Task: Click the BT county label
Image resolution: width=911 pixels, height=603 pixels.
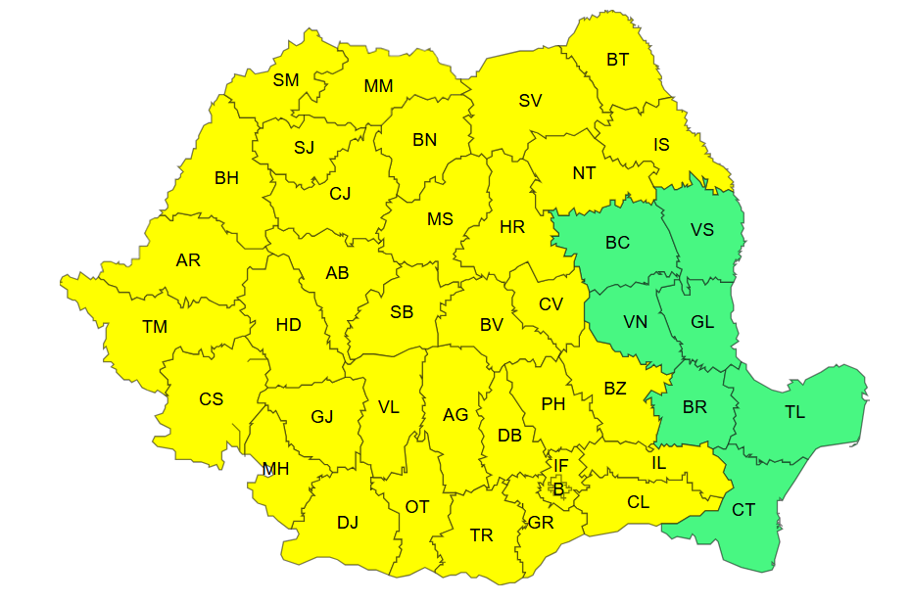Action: click(x=617, y=60)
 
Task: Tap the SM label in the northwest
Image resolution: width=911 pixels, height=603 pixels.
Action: click(x=286, y=80)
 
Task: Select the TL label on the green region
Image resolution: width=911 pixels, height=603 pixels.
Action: click(x=794, y=412)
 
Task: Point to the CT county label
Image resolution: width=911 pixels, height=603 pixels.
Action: click(x=743, y=510)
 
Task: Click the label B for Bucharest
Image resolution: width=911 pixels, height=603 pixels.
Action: click(x=558, y=489)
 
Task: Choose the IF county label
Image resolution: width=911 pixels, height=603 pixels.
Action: click(x=560, y=466)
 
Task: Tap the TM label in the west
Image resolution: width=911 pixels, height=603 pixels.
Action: click(x=155, y=327)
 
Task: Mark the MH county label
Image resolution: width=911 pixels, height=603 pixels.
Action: click(x=275, y=469)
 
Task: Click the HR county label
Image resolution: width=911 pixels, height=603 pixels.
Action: click(x=512, y=227)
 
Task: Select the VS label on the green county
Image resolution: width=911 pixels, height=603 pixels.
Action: click(x=702, y=230)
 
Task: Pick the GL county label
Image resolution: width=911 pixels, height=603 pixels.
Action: click(x=702, y=322)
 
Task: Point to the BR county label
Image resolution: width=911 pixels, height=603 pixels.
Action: click(x=695, y=406)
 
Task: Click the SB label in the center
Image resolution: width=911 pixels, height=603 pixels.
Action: click(x=402, y=312)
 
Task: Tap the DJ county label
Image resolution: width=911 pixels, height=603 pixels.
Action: click(x=348, y=522)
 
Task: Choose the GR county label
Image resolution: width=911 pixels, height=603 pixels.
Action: click(x=541, y=523)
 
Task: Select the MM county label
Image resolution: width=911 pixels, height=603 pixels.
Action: click(x=378, y=86)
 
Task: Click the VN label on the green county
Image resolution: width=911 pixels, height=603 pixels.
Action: click(x=635, y=321)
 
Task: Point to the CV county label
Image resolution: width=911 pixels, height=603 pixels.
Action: click(x=551, y=304)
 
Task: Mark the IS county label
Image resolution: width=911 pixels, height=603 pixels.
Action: click(x=662, y=145)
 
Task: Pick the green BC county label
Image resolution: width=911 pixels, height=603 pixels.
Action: click(x=617, y=243)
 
